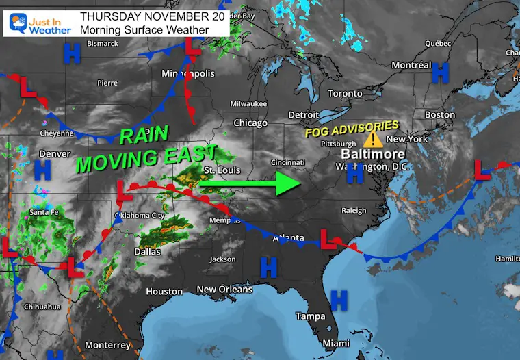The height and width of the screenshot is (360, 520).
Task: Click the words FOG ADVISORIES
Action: pos(352,128)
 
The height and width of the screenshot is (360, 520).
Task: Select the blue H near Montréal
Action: pos(441,70)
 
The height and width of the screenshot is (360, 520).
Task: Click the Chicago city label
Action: pos(250,123)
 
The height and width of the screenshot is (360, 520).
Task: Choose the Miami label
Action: pos(336,343)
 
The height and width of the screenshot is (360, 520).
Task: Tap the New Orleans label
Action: pos(224,290)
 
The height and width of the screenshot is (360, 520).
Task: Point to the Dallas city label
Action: pos(147,252)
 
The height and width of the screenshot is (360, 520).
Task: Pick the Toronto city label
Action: pos(345,93)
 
